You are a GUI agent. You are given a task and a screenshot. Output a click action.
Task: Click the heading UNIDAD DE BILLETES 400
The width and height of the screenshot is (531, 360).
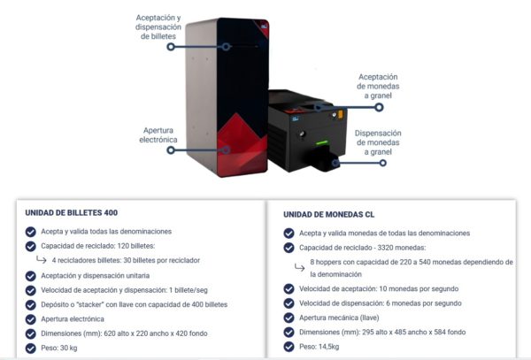(72, 213)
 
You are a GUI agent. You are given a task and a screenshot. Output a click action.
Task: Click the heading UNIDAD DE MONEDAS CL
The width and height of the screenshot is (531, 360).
(329, 215)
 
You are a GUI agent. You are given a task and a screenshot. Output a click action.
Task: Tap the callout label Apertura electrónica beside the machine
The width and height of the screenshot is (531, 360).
(158, 135)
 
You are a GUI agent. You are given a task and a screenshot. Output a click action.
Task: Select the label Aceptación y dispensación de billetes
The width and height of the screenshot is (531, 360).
(158, 27)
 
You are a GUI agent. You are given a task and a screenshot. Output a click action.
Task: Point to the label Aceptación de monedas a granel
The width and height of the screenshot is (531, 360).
(378, 87)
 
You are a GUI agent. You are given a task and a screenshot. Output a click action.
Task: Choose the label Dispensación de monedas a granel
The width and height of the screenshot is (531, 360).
(378, 142)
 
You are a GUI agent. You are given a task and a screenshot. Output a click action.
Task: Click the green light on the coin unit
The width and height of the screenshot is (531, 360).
(322, 142)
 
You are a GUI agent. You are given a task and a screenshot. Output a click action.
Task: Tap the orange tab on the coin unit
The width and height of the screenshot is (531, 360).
(341, 114)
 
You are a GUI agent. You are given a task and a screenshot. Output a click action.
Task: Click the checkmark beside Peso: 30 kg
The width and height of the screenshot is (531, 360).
(30, 349)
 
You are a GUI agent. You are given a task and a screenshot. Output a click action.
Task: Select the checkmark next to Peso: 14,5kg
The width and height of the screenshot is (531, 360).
(289, 347)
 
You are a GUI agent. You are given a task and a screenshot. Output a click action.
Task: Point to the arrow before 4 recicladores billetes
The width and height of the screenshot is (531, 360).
(42, 260)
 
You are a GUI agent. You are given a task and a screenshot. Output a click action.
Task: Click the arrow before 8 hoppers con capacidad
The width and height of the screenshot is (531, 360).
(299, 268)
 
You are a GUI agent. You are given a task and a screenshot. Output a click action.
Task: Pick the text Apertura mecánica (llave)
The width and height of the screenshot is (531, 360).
(339, 318)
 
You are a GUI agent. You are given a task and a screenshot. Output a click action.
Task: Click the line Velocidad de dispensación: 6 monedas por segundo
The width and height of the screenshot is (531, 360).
(381, 303)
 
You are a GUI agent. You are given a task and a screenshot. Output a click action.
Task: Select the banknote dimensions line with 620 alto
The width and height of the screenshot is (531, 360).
(124, 333)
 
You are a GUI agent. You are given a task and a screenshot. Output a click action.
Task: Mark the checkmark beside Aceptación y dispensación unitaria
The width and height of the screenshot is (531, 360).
(30, 276)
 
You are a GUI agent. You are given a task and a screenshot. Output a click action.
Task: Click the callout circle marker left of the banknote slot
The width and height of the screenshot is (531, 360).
(171, 47)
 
